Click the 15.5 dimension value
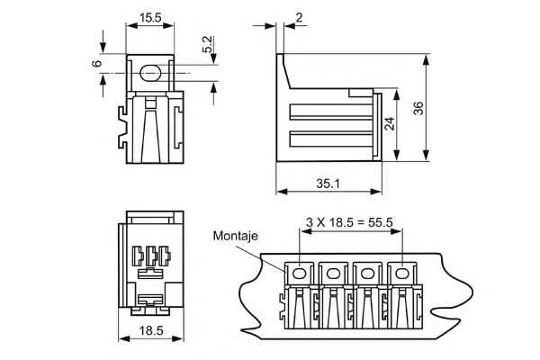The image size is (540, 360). click(150, 18)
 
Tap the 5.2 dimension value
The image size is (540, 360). click(208, 44)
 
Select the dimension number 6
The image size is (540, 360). click(97, 63)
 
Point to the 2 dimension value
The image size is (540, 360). click(299, 18)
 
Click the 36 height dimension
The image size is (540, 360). click(418, 108)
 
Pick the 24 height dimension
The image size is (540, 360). click(390, 123)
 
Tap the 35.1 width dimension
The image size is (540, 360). click(328, 184)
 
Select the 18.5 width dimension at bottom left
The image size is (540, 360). click(151, 330)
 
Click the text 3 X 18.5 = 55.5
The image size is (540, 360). click(349, 222)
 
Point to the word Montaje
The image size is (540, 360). click(235, 236)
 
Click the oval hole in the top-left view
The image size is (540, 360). click(150, 73)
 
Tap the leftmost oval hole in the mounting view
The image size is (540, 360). click(298, 274)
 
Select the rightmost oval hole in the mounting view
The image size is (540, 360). click(400, 274)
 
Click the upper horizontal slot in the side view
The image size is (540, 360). click(331, 112)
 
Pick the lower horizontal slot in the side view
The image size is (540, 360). click(331, 139)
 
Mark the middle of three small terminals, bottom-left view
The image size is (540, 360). click(151, 256)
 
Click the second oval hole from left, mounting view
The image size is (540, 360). click(333, 274)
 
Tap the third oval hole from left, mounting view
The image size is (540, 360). click(367, 274)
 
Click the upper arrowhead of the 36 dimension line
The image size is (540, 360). click(427, 60)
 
